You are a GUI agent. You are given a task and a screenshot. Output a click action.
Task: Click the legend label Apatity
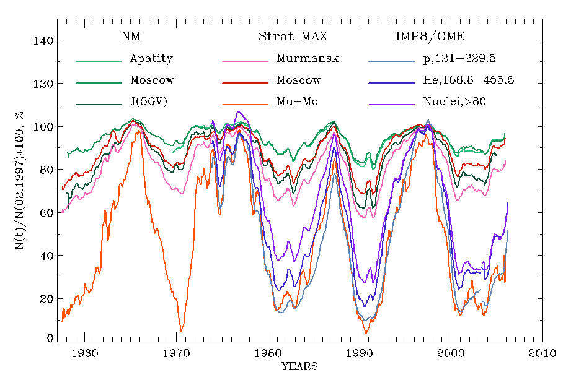151,59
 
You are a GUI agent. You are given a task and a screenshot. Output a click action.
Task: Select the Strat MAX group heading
293,36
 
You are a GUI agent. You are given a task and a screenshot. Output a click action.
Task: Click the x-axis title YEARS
299,366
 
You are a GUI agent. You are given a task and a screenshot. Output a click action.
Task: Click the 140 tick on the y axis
43,41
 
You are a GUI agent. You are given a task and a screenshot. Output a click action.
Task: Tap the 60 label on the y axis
45,213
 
